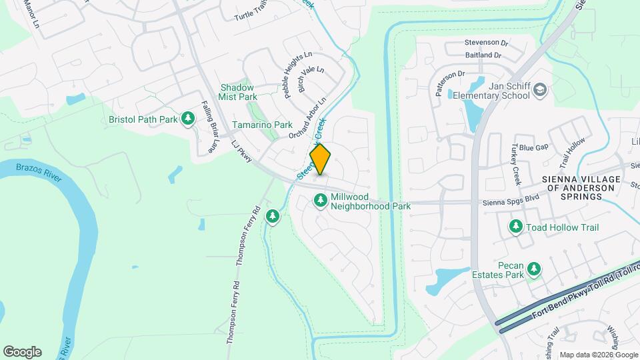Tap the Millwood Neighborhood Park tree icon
[321, 200]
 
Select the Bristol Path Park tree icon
[189, 119]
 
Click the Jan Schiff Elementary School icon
[541, 90]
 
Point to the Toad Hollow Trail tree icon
[515, 227]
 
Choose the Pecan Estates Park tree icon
[533, 269]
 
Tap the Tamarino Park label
[262, 125]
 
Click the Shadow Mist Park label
[237, 92]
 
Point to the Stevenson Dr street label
[486, 42]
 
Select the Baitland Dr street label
[483, 55]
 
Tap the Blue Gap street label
[533, 147]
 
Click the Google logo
[22, 351]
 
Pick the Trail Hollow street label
[571, 152]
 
